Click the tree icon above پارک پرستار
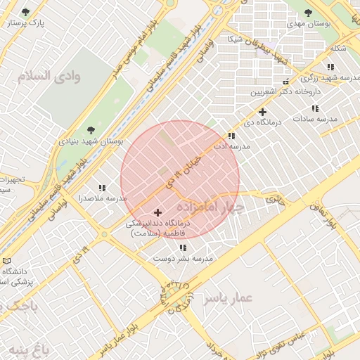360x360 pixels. [26, 12]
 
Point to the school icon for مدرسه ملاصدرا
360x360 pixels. [102, 188]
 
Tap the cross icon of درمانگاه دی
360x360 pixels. [262, 112]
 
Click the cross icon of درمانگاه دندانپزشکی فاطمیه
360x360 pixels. [157, 212]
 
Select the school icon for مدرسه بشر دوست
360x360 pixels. [183, 247]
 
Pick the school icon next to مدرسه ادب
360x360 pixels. [231, 136]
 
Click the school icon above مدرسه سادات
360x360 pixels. [315, 108]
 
